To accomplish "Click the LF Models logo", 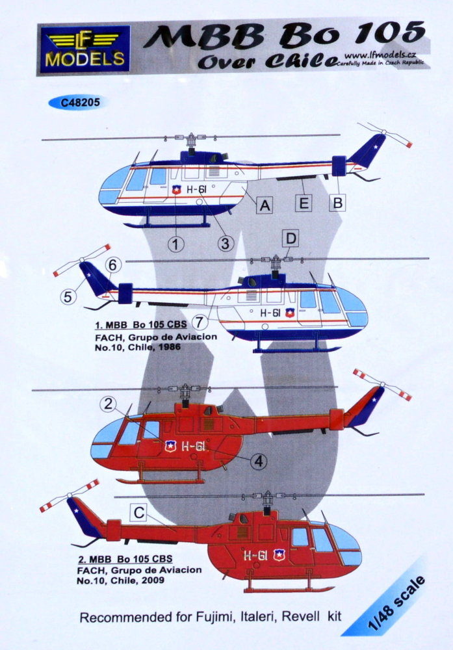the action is tap(85, 49).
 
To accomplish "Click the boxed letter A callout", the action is tap(265, 204).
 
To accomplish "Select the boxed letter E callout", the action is tap(304, 203).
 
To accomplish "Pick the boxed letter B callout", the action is tap(338, 203).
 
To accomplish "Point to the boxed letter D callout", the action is tap(291, 239).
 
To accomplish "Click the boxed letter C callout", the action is tap(139, 513).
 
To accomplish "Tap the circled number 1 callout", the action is tap(176, 244).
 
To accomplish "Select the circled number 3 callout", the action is tap(226, 243).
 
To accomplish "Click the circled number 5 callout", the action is tap(68, 296).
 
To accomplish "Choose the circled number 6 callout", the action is tap(113, 265).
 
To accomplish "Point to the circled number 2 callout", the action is tap(108, 404).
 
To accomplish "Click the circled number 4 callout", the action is tap(259, 461).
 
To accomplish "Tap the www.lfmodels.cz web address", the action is tap(380, 55).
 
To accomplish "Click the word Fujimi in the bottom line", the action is tap(214, 617).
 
